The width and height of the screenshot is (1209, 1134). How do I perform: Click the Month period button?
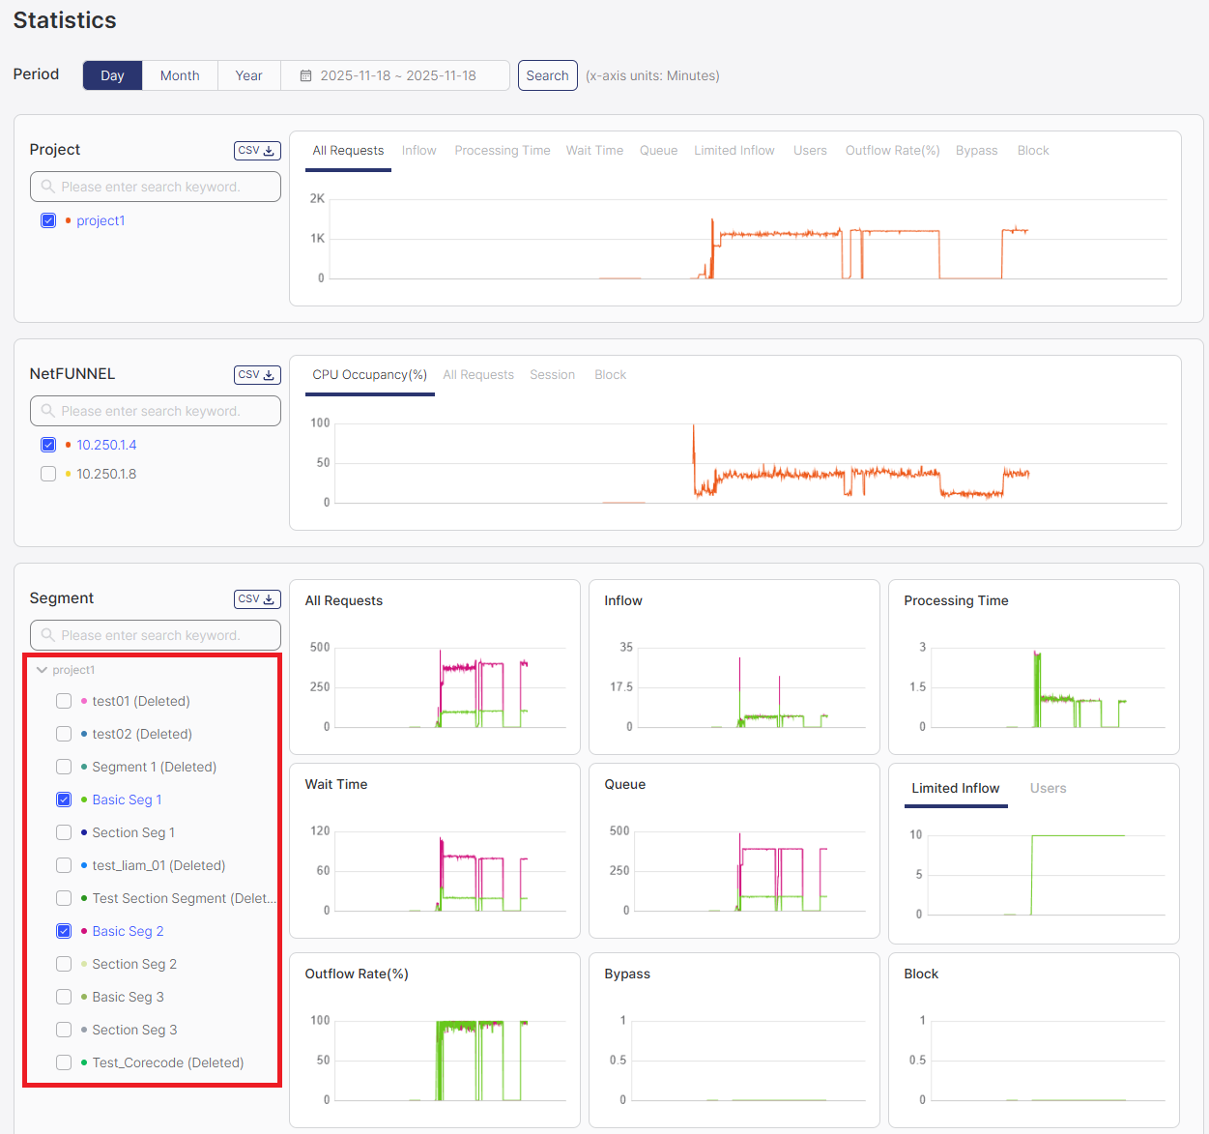click(180, 75)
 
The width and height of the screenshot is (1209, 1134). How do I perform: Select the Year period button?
click(248, 75)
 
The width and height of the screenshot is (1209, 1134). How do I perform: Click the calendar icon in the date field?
click(305, 75)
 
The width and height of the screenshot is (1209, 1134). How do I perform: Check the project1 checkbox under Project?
click(48, 220)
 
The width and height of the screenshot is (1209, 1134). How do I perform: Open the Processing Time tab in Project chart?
click(502, 151)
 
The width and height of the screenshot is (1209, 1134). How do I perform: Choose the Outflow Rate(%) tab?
click(892, 151)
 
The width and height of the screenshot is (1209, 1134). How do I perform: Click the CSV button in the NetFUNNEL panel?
click(257, 375)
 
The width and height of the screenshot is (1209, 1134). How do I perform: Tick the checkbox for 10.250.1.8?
click(48, 474)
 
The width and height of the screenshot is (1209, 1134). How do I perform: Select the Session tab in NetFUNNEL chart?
click(552, 375)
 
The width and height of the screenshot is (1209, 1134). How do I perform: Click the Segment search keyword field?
click(156, 635)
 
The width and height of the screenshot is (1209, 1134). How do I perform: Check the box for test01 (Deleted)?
click(64, 701)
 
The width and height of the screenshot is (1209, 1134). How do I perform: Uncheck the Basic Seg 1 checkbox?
click(64, 800)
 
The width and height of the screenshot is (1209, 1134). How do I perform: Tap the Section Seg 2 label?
click(134, 964)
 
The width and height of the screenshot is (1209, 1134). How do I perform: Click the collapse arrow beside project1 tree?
click(42, 670)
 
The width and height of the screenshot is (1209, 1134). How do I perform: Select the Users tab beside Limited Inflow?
click(1048, 789)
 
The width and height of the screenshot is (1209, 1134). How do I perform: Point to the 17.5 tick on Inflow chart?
click(621, 687)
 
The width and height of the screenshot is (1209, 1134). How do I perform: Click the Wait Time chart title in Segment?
click(336, 784)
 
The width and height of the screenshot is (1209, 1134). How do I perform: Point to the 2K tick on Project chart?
click(317, 199)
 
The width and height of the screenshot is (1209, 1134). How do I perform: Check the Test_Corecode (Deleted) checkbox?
click(64, 1062)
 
